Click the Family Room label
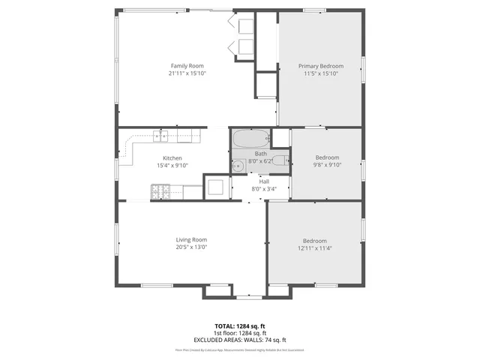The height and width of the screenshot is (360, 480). point(187,66)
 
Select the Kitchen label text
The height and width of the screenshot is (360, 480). point(172,158)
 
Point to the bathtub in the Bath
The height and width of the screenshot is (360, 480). point(250,139)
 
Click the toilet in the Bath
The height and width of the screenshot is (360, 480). point(279,159)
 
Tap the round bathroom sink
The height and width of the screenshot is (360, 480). point(238,164)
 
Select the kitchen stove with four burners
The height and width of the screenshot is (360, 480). point(159,193)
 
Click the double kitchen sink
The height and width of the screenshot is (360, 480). point(160,136)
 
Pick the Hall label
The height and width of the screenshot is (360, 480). point(264,181)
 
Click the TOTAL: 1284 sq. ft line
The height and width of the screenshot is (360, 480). point(240,326)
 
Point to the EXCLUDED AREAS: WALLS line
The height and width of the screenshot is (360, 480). point(240,339)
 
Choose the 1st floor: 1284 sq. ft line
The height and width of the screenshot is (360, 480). point(240,333)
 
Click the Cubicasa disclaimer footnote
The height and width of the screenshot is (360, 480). point(240,349)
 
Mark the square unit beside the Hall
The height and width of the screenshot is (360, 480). point(215,187)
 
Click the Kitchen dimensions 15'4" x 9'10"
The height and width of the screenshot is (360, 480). point(172,165)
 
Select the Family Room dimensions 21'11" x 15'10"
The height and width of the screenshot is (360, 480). point(187,73)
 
